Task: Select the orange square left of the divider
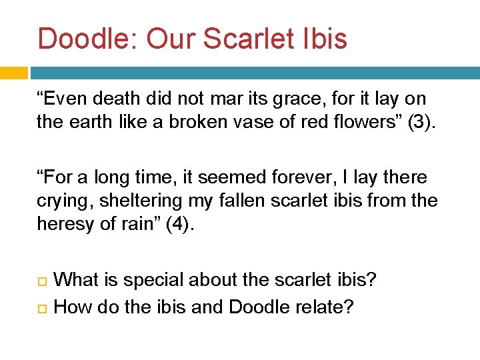pos(13,73)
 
